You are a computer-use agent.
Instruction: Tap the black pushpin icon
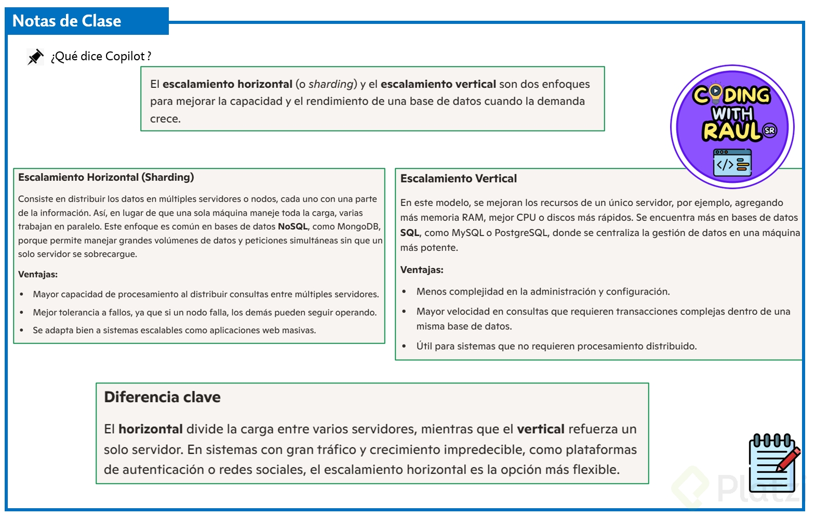click(x=35, y=57)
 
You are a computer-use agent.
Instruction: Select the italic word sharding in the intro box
click(x=331, y=84)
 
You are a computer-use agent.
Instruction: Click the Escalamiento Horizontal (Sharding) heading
click(x=106, y=177)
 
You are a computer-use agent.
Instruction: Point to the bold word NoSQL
click(x=292, y=227)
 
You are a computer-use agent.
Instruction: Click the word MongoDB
click(x=358, y=227)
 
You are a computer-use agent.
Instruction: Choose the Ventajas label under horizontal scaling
click(x=38, y=274)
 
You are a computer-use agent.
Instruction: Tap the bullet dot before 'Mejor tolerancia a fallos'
click(x=21, y=313)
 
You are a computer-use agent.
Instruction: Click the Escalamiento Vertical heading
click(x=458, y=179)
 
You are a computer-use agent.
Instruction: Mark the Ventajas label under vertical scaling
click(x=422, y=270)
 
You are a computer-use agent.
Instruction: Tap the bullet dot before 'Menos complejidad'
click(x=404, y=292)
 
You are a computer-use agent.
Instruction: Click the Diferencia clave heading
click(x=162, y=397)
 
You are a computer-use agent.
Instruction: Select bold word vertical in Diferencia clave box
click(x=540, y=429)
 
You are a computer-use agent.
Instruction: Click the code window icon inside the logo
click(x=732, y=163)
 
